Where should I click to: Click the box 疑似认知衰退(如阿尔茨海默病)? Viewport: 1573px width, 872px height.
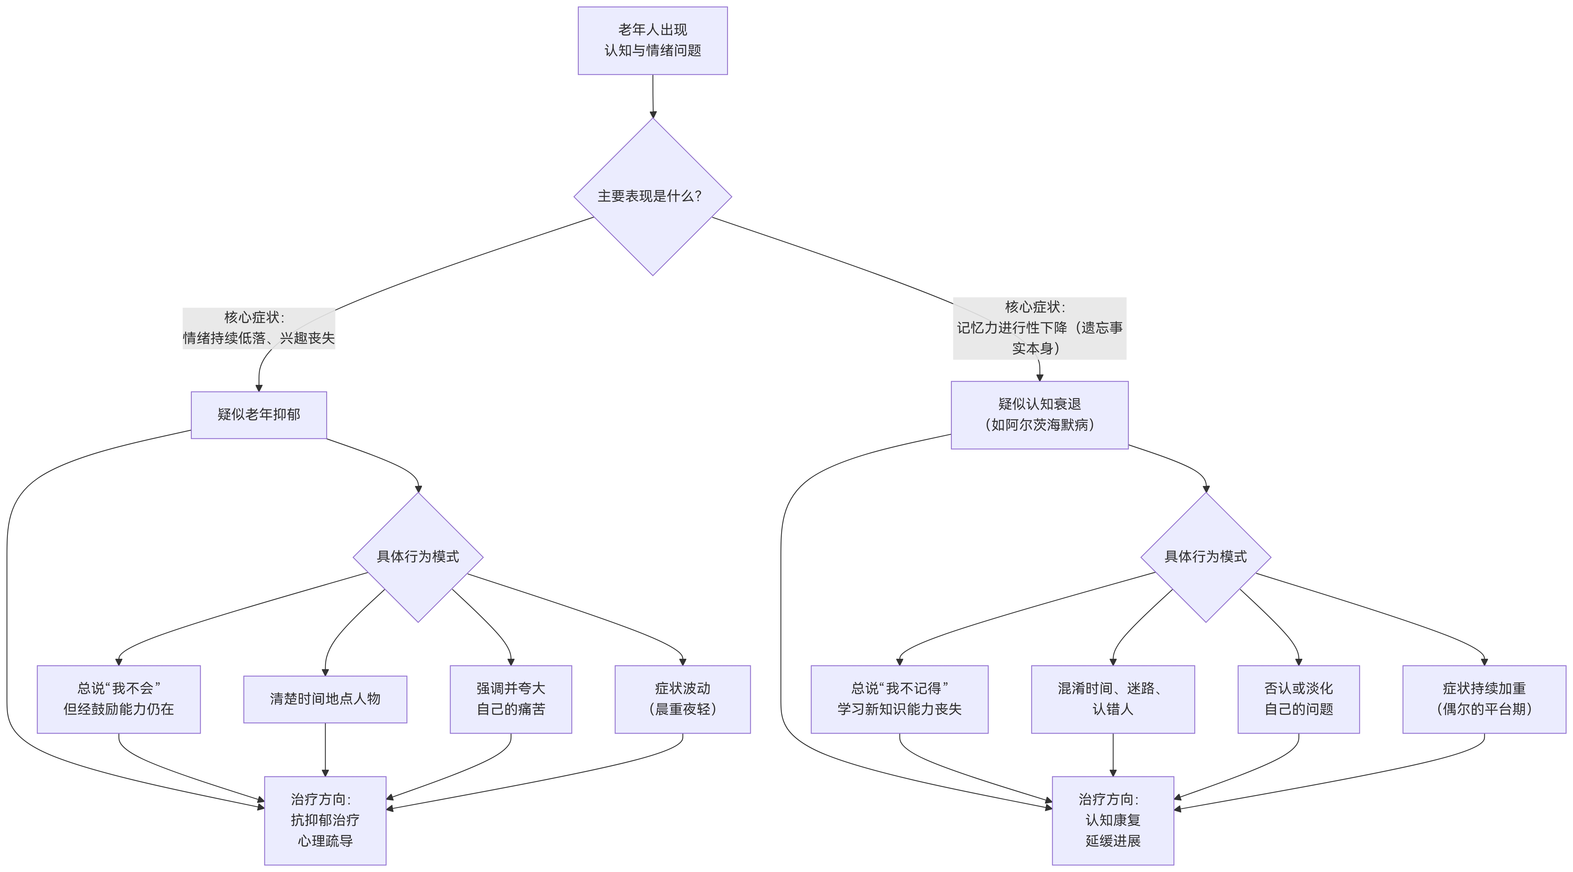pyautogui.click(x=1039, y=415)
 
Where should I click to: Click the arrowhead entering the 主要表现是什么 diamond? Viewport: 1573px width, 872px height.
pyautogui.click(x=653, y=114)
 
